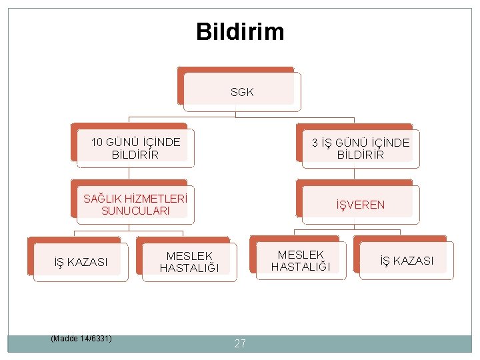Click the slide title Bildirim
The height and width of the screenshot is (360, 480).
click(x=240, y=31)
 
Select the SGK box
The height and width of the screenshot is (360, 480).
click(x=242, y=92)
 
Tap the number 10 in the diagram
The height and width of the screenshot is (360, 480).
click(x=97, y=142)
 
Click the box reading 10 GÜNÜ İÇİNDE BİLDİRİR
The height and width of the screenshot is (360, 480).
click(x=136, y=148)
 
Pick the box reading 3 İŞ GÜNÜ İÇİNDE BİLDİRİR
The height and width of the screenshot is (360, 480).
click(x=361, y=149)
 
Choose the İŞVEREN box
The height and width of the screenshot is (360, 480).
click(x=360, y=205)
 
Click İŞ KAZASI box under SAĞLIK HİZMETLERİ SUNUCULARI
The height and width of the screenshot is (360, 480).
click(x=81, y=262)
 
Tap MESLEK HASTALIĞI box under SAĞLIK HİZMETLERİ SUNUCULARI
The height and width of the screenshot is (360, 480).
click(x=189, y=262)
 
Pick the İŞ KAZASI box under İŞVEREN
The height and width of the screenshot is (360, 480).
click(x=407, y=261)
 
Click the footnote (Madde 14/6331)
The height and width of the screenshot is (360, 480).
click(x=81, y=339)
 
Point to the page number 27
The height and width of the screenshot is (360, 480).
click(x=240, y=344)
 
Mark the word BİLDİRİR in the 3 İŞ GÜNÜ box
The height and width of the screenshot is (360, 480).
click(x=361, y=155)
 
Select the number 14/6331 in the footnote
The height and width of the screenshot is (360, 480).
click(x=95, y=339)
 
